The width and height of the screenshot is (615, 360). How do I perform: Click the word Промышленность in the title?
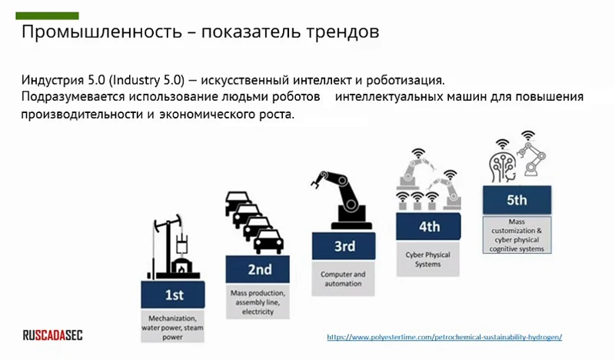(x=101, y=32)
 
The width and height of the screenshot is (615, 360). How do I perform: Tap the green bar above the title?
(x=47, y=15)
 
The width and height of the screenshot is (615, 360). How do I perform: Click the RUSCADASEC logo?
(x=52, y=335)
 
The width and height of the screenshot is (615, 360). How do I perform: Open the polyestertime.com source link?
(x=444, y=337)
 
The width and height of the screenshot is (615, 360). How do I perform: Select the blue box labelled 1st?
(x=173, y=295)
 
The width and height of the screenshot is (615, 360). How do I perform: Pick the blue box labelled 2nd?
(x=258, y=269)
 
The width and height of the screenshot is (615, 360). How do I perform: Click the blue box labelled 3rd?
(x=344, y=246)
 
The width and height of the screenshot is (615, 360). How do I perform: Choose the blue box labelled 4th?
(x=428, y=226)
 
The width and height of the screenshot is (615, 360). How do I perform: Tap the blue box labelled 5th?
(x=517, y=200)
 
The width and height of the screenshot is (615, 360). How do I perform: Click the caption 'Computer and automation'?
(x=343, y=278)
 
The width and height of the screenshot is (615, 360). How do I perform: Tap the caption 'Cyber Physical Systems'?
(x=428, y=259)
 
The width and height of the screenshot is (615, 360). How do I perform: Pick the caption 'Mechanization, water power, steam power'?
(x=172, y=328)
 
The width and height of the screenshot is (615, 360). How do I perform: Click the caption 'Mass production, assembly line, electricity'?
(x=258, y=302)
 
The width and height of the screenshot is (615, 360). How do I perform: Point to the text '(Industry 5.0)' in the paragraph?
(x=147, y=80)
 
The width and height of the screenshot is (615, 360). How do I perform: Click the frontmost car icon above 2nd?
(x=268, y=242)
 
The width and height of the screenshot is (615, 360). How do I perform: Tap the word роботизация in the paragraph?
(x=405, y=81)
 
